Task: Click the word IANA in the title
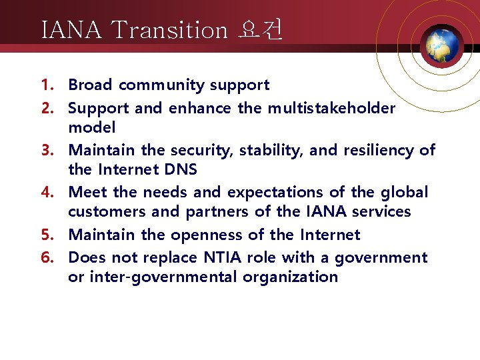click(x=70, y=30)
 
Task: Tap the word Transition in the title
click(x=169, y=30)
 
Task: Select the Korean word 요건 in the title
click(x=260, y=30)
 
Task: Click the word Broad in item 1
click(x=91, y=85)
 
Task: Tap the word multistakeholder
click(x=331, y=108)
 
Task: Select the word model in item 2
click(x=91, y=127)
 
